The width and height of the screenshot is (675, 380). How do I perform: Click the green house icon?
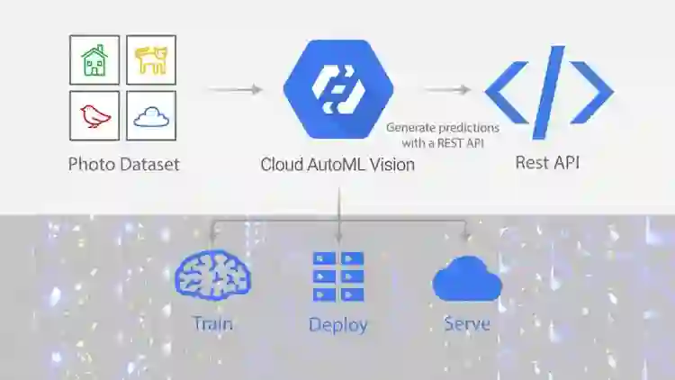94,60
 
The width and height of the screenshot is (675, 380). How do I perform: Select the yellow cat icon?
150,60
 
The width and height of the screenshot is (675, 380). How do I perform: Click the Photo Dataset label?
123,165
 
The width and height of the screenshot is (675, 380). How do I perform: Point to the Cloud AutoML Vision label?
337,165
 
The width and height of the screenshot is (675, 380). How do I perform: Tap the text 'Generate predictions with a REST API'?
442,134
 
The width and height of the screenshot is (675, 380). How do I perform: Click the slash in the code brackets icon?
549,91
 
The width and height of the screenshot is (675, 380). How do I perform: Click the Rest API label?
549,163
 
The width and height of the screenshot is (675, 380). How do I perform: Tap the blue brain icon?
212,276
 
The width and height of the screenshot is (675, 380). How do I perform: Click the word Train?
212,322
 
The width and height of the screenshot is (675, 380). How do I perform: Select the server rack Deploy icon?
338,276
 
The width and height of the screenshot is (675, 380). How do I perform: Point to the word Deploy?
338,324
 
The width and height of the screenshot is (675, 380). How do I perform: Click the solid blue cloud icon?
466,278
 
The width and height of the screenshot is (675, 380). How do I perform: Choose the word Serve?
467,322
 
